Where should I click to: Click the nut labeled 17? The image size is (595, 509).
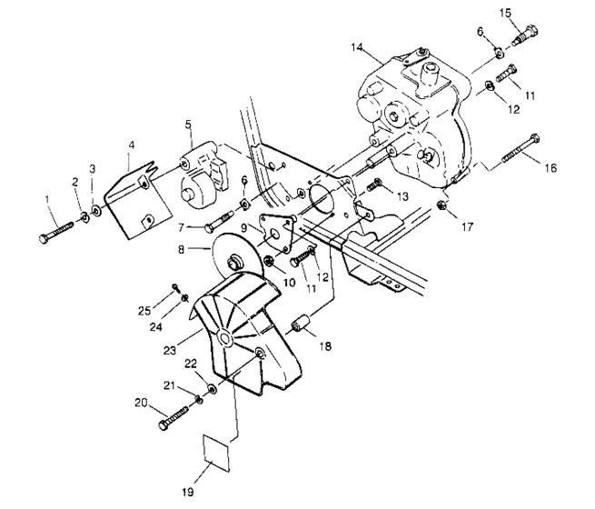pos(441,204)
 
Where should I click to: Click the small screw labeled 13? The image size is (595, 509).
pos(372,188)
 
